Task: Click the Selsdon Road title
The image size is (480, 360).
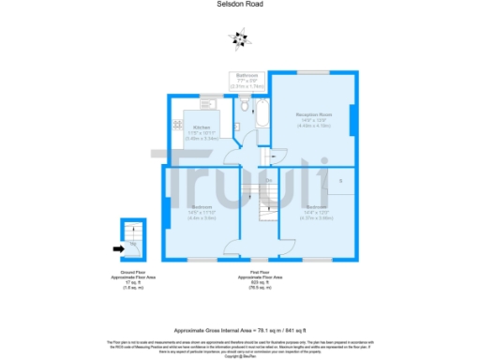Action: point(240,5)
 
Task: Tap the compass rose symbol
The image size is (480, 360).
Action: point(240,37)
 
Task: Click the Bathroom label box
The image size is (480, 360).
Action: point(247,79)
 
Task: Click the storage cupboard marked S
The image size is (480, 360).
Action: point(340,180)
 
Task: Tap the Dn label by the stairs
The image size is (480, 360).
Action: point(268,180)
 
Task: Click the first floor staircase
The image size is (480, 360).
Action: point(265,196)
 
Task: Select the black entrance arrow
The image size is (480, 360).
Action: point(117,248)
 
